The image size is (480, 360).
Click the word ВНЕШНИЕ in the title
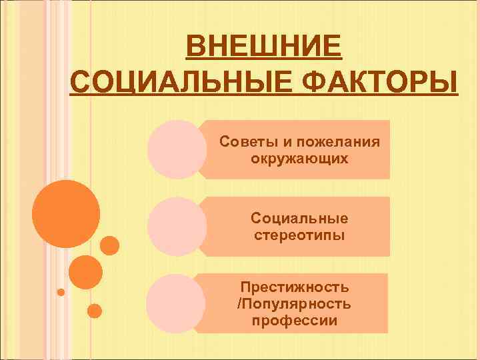pyautogui.click(x=264, y=49)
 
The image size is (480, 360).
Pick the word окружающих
pyautogui.click(x=299, y=159)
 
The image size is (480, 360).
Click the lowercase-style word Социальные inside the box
pyautogui.click(x=299, y=218)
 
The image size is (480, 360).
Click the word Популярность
pyautogui.click(x=297, y=304)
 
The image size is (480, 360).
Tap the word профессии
pyautogui.click(x=295, y=321)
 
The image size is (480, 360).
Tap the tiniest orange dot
pyautogui.click(x=61, y=292)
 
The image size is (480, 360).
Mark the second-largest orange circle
pyautogui.click(x=85, y=271)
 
